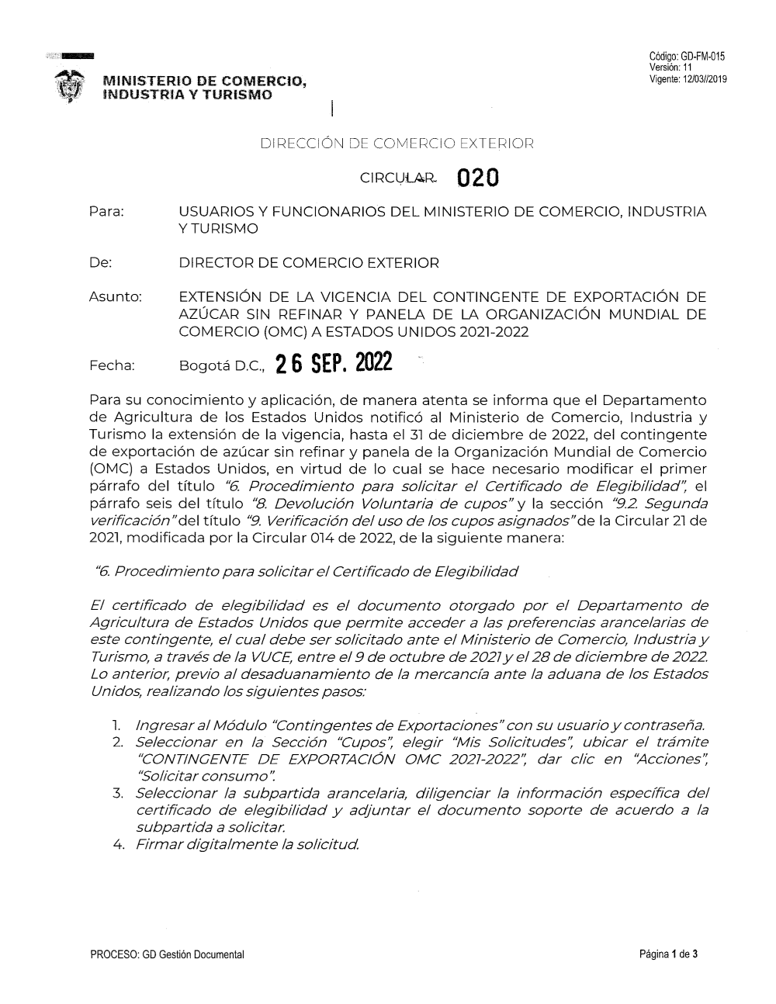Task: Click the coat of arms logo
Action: (x=71, y=85)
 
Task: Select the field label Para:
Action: (x=107, y=212)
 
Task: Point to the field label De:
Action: (x=101, y=263)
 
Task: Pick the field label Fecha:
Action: (x=113, y=365)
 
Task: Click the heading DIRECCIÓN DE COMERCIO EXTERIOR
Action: (x=397, y=143)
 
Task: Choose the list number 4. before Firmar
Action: (x=119, y=844)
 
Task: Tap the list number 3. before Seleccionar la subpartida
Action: (x=118, y=793)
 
